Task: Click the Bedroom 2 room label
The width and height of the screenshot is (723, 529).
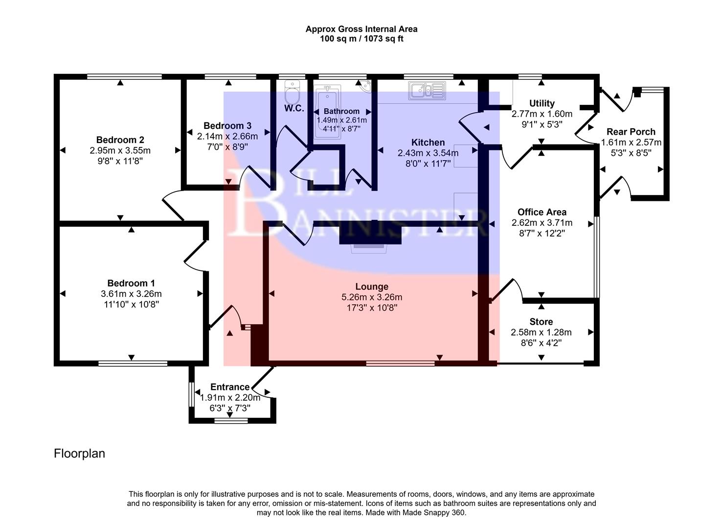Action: point(120,140)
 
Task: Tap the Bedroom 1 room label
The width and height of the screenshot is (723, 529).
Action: point(131,283)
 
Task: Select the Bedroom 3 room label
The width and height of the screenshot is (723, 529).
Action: point(227,126)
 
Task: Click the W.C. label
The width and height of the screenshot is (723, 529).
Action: point(294,108)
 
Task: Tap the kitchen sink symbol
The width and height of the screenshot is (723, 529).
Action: point(427,90)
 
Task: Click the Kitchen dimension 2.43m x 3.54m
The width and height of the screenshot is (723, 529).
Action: point(428,153)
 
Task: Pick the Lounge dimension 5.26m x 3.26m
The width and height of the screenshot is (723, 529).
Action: point(372,297)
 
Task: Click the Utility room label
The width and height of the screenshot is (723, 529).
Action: point(542,103)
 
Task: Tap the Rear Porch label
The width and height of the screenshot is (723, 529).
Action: point(631,132)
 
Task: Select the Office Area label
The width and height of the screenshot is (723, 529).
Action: point(542,212)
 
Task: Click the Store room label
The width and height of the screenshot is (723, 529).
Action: point(541,322)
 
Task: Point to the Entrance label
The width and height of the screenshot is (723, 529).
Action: point(230,387)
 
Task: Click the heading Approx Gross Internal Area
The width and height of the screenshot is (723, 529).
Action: point(361,29)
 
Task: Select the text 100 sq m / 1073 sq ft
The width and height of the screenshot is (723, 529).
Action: point(361,39)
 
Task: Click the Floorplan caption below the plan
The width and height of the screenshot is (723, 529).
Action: point(79,454)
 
